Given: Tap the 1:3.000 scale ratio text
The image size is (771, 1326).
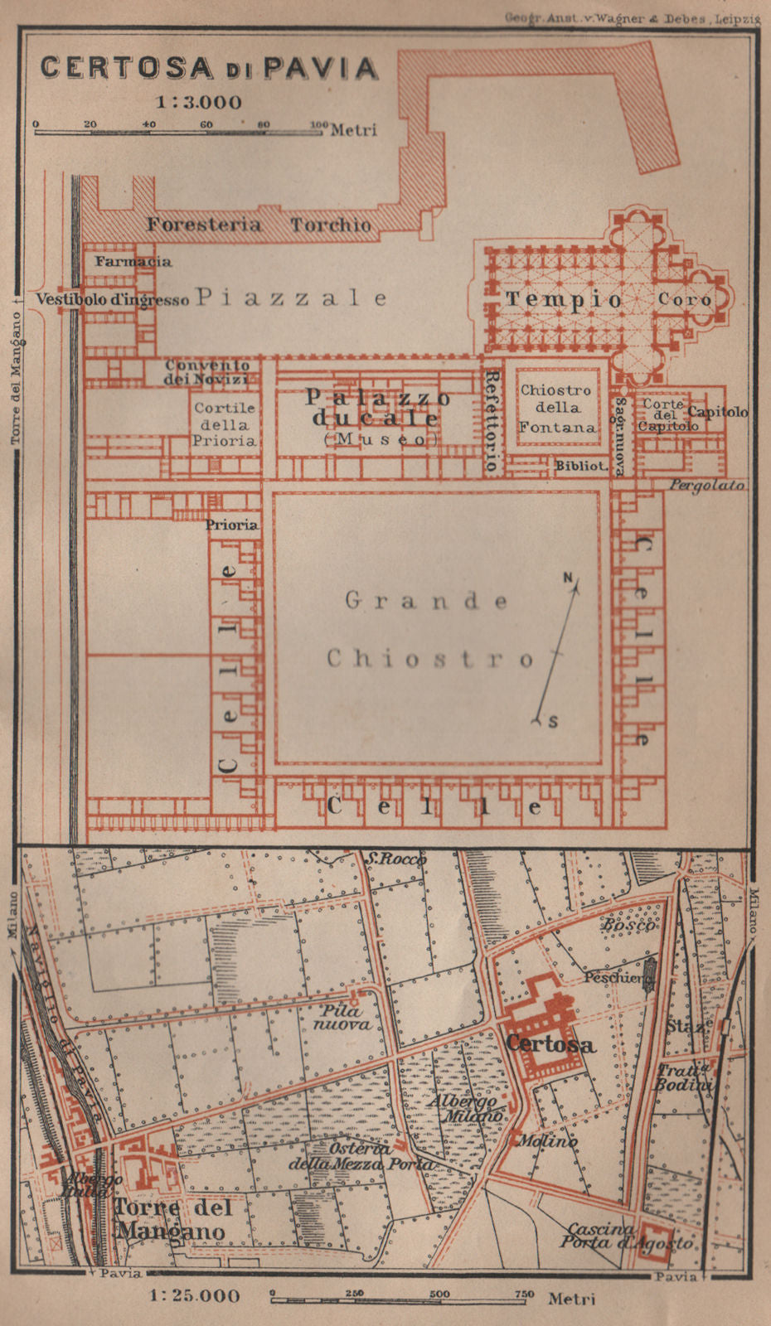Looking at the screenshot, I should [x=200, y=103].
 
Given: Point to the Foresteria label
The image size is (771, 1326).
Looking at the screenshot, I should [x=203, y=224].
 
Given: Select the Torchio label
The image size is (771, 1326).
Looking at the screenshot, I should [x=330, y=225].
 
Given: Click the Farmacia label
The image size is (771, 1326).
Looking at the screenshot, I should [x=133, y=262].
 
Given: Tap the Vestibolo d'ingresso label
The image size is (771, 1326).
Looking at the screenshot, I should [x=112, y=299].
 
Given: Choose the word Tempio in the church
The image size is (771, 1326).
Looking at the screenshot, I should [x=564, y=300].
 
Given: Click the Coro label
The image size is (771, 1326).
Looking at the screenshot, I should [x=684, y=299].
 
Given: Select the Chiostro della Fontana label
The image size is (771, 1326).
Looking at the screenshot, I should [x=557, y=408].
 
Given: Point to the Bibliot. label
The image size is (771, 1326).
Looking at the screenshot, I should [x=582, y=466].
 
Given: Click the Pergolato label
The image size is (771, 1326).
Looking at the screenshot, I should [x=706, y=485].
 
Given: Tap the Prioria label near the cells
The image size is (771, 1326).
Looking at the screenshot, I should [x=231, y=525].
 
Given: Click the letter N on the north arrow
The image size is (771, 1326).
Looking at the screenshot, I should [x=569, y=578].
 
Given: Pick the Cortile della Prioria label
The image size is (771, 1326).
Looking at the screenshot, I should [x=224, y=424].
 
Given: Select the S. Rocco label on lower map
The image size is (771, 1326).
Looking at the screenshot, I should [x=395, y=859].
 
